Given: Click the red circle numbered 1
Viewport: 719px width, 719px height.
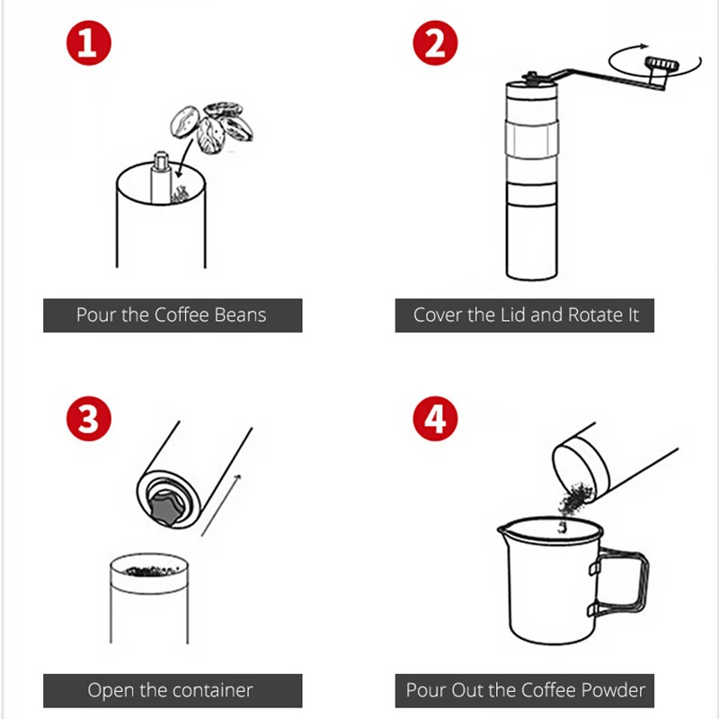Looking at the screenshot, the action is (88, 42).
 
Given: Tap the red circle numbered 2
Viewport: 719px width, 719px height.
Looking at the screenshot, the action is (435, 42).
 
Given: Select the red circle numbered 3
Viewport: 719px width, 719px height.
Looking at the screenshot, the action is (88, 418).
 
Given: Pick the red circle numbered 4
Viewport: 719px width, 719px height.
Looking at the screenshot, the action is (435, 418).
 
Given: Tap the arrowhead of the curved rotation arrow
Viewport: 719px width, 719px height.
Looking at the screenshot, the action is (644, 46).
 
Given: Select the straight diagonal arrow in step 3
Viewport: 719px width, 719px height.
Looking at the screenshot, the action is (221, 505).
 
